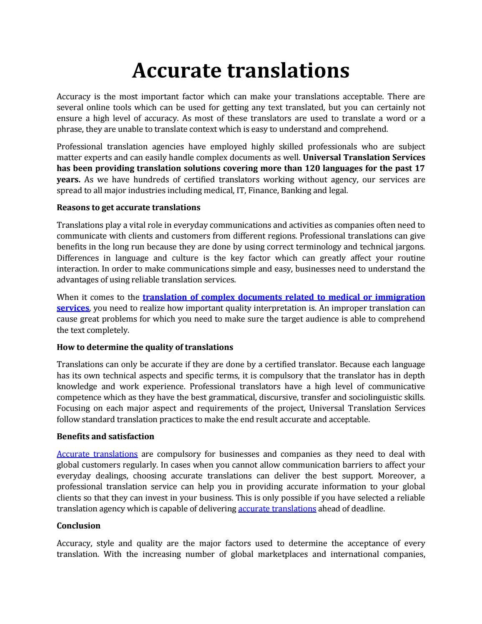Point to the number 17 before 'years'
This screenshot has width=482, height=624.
(419, 169)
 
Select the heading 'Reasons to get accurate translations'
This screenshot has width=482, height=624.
(128, 208)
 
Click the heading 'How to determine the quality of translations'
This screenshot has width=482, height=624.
(145, 347)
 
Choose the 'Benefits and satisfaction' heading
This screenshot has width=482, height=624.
(105, 437)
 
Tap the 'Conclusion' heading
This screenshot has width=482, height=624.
(78, 526)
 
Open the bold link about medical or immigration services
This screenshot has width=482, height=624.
(284, 297)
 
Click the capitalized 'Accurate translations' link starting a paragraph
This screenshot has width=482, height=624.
(97, 454)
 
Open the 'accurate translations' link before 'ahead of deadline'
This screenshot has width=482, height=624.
(277, 509)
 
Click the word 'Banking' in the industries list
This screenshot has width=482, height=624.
(296, 191)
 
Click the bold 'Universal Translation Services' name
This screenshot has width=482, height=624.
(364, 158)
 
